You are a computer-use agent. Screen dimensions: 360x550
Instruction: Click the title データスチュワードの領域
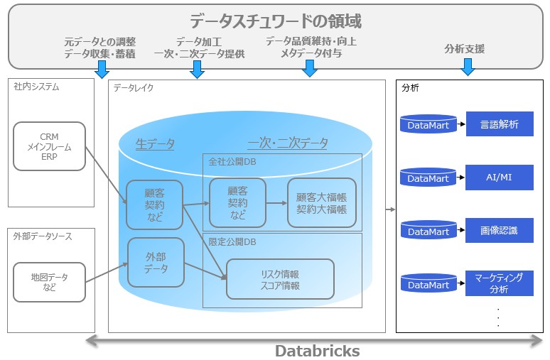click(275, 21)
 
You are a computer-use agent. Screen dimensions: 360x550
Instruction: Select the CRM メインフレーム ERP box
click(49, 147)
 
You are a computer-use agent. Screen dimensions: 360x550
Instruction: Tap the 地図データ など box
click(49, 282)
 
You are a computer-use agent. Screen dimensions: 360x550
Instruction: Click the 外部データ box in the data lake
click(156, 262)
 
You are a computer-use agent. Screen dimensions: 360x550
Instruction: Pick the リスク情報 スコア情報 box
click(280, 279)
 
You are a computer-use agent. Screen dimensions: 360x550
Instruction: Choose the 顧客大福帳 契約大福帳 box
click(322, 202)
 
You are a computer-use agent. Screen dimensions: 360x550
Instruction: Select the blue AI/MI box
click(500, 177)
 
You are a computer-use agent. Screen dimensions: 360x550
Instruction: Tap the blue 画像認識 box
click(500, 230)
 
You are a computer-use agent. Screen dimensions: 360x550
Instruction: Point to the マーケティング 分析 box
click(500, 283)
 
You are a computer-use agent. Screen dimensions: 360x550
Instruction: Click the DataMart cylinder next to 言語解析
click(428, 125)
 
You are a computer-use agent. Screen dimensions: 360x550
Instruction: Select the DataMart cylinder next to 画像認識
click(428, 231)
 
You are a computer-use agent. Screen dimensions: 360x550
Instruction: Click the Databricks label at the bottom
click(317, 351)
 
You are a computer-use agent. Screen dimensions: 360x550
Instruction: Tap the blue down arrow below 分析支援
click(467, 67)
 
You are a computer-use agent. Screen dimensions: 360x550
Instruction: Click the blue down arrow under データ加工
click(198, 69)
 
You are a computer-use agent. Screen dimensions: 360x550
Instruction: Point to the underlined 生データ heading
click(155, 143)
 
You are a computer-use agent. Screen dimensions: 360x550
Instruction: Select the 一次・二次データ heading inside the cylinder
click(288, 143)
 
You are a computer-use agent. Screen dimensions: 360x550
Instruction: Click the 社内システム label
click(36, 87)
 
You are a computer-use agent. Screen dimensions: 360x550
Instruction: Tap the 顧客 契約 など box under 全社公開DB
click(237, 202)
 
